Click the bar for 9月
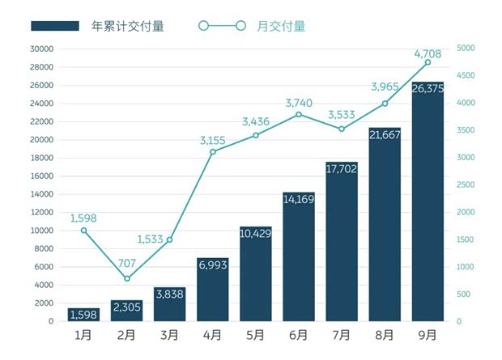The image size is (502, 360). [x=428, y=210]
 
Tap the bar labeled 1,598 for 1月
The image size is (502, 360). [x=83, y=315]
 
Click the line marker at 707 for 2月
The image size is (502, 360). [x=127, y=279]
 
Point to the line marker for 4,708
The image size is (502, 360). [x=428, y=62]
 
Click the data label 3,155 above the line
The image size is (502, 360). [x=213, y=140]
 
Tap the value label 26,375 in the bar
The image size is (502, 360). [x=428, y=88]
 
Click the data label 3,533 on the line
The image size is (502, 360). [x=342, y=116]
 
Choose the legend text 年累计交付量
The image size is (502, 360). [x=128, y=26]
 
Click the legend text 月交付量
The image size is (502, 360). [x=281, y=26]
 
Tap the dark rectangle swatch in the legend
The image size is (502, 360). [x=55, y=26]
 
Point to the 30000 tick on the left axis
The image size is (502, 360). [x=40, y=49]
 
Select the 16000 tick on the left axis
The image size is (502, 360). [x=40, y=176]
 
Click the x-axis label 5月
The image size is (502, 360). [x=255, y=334]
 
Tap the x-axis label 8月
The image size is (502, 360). [x=385, y=334]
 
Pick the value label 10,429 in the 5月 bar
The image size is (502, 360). [x=255, y=233]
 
